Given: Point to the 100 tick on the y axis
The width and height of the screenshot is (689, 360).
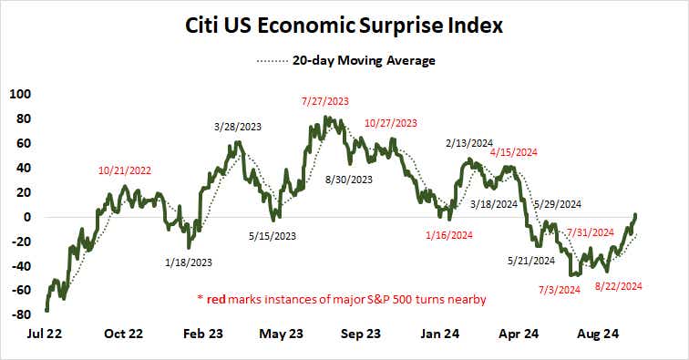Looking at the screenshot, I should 19,94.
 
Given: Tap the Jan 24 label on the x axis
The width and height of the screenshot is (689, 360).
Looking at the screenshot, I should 439,334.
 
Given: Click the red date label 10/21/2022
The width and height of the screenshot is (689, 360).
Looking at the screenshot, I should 126,170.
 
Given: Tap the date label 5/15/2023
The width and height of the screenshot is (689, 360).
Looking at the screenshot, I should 272,236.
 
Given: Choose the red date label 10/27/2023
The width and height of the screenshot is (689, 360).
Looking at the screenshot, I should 390,123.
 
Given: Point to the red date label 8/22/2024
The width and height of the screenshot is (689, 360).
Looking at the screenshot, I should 621,285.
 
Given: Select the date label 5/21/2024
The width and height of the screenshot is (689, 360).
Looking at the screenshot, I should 531,261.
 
